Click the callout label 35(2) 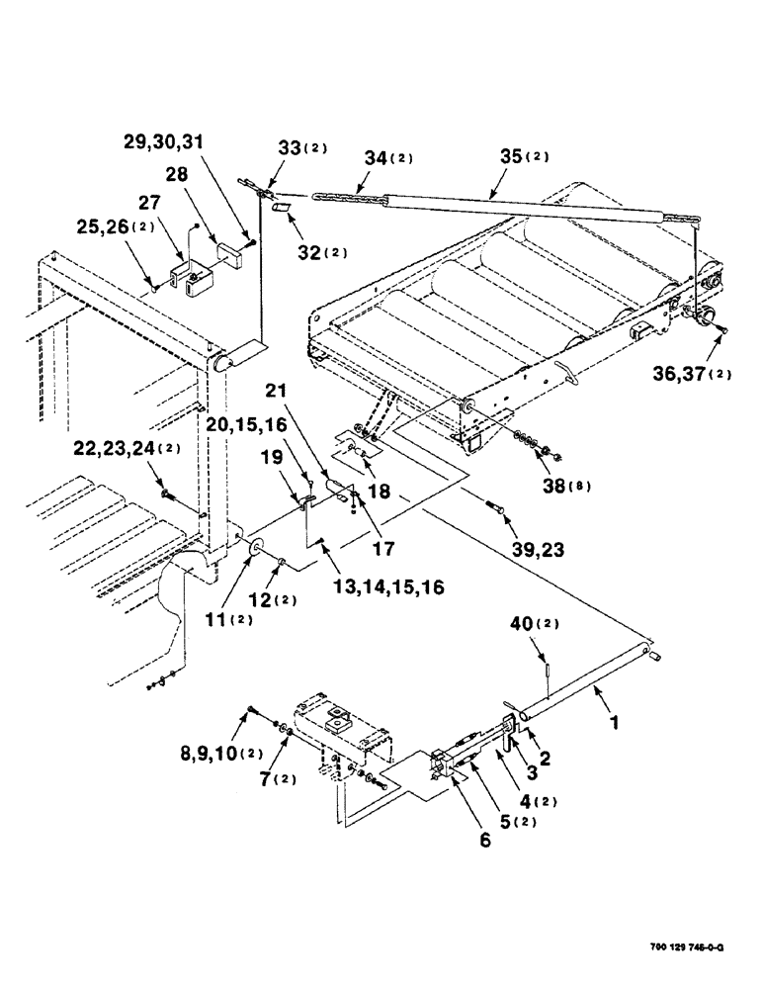point(525,156)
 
